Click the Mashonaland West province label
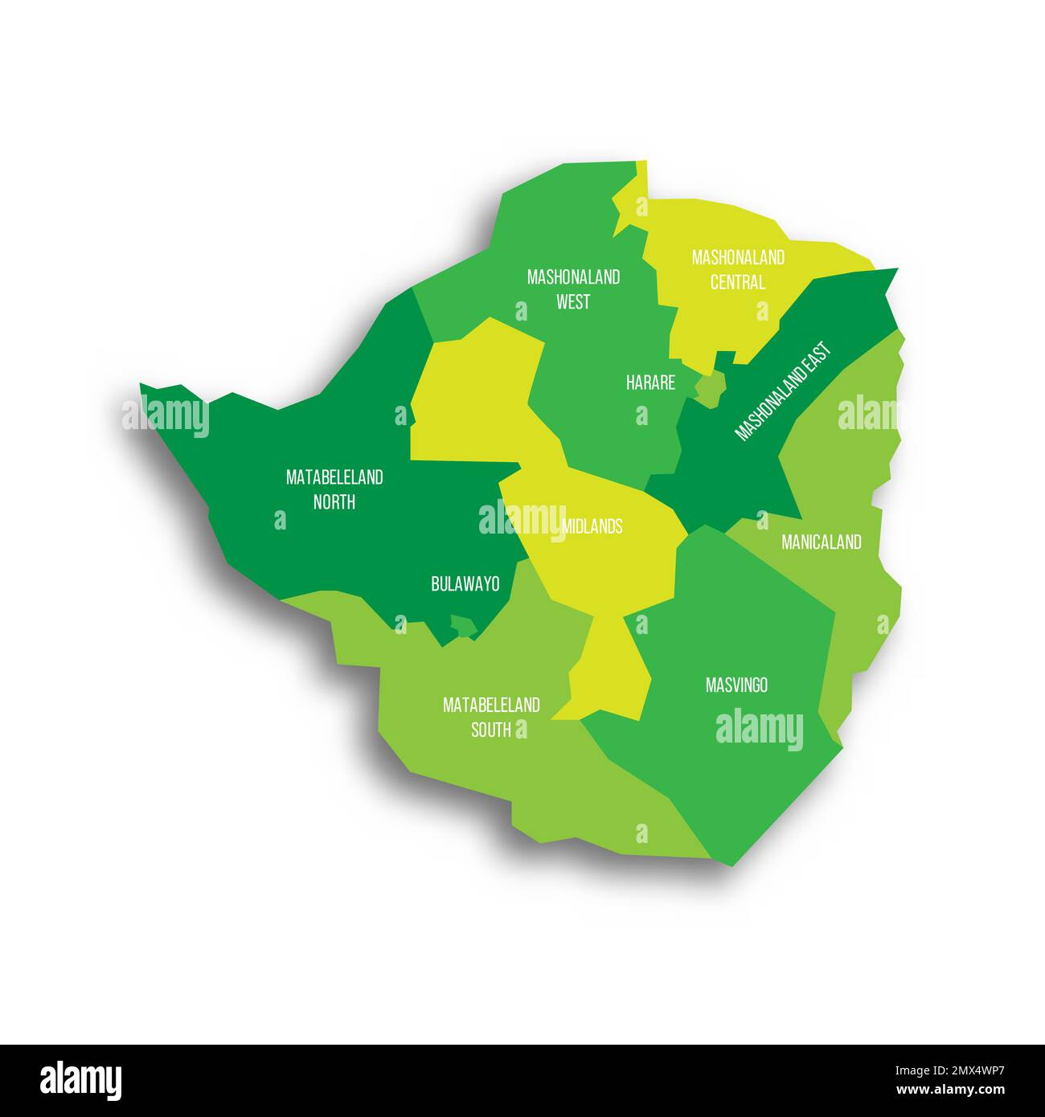[573, 289]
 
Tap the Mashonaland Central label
[738, 270]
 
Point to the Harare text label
[650, 383]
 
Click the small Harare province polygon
[710, 390]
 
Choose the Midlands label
[592, 526]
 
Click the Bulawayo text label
[465, 584]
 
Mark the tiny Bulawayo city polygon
[462, 624]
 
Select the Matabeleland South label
[491, 718]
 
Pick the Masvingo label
[736, 685]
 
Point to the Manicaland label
[821, 542]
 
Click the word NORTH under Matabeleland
[334, 502]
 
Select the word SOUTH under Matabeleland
[491, 730]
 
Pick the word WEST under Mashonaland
[573, 302]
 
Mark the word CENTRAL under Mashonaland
[738, 283]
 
